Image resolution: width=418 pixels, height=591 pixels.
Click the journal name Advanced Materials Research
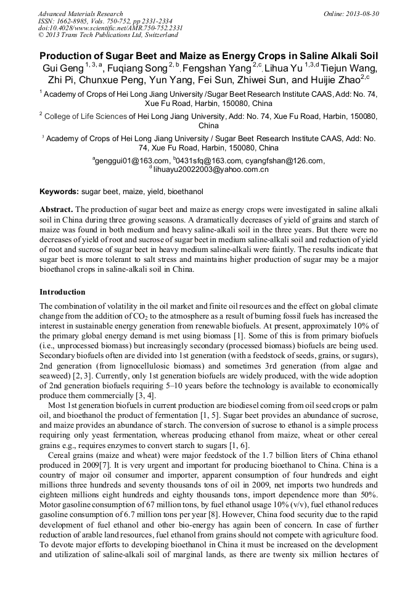coord(80,14)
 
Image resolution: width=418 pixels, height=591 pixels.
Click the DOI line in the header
coord(110,28)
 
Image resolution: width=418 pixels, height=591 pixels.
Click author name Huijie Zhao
coord(333,80)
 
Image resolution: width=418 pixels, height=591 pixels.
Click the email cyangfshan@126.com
coord(284,160)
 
